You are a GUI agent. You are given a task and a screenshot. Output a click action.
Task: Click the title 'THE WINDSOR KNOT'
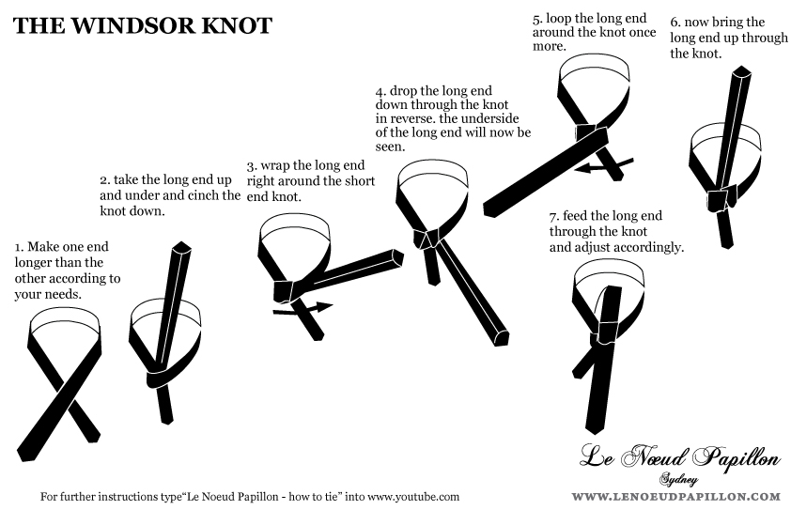[142, 25]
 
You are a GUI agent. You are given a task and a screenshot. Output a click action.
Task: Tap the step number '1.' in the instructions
[19, 246]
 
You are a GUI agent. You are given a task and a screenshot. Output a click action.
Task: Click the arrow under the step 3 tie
[302, 306]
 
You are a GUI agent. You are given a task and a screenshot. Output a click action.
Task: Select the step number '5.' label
[537, 18]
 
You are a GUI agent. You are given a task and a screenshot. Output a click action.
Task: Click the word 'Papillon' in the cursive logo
[731, 458]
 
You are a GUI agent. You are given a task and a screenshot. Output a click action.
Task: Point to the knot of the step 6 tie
[721, 198]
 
